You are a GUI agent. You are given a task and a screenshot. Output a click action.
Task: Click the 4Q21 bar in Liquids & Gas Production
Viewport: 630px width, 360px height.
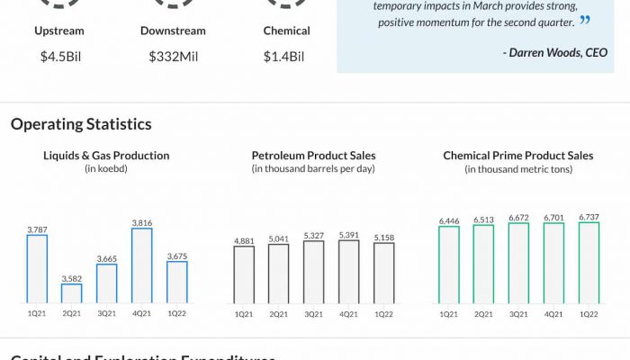pos(141,265)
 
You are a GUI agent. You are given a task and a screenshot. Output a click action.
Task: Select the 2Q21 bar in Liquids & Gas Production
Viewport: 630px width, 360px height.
pos(72,292)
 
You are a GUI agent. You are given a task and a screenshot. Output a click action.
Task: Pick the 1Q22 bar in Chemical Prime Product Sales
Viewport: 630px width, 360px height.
pos(589,262)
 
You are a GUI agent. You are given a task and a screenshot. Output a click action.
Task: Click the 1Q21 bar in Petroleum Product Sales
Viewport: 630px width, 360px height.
pos(244,274)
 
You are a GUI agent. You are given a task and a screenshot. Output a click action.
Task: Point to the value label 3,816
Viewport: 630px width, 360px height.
pos(141,221)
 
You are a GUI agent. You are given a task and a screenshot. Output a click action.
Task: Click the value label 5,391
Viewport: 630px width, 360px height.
pos(348,234)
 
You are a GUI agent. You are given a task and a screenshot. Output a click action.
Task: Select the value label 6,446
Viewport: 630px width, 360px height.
pos(448,220)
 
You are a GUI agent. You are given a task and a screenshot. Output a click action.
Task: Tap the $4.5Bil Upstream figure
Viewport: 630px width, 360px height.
pos(58,57)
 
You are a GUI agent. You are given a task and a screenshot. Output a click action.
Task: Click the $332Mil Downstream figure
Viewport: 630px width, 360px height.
pos(173,57)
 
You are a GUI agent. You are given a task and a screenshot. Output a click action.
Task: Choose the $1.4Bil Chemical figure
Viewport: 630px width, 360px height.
pos(284,57)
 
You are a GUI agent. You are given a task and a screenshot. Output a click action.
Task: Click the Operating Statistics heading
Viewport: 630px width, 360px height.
pos(81,124)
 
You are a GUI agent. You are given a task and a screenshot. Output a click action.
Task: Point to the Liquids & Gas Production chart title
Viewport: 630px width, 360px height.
pos(106,156)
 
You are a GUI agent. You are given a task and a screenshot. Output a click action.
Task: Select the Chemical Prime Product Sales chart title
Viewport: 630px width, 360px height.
pos(518,156)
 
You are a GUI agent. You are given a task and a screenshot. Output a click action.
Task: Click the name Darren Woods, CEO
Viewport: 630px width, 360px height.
pos(555,52)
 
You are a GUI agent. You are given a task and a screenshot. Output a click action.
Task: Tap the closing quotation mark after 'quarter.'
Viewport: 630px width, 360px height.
pos(585,20)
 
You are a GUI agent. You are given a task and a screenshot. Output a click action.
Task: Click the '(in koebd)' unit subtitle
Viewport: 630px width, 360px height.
pos(106,168)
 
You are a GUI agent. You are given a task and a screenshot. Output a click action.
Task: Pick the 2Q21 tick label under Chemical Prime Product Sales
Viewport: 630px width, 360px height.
pos(483,313)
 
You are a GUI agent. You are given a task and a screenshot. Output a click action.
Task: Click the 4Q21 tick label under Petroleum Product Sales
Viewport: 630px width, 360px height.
pos(348,313)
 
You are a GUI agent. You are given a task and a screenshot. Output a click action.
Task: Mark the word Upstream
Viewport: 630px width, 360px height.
pos(58,31)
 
